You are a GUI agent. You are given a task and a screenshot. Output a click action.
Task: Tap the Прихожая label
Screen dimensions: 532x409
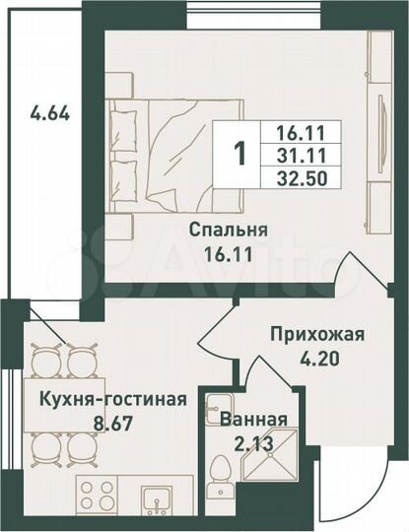pyautogui.click(x=317, y=334)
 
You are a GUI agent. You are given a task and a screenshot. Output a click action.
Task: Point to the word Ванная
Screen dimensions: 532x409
pyautogui.click(x=254, y=419)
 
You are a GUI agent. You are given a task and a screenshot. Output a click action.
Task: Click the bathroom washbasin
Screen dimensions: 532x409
pyautogui.click(x=214, y=406)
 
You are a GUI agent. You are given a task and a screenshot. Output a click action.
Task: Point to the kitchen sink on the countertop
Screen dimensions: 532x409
pyautogui.click(x=157, y=499)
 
